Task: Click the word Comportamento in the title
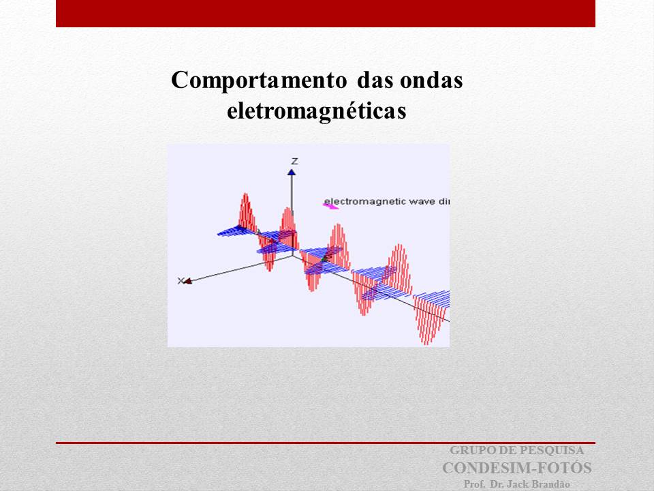[x=259, y=80]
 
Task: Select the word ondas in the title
[x=431, y=80]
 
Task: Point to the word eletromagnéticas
[x=317, y=111]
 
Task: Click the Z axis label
[x=294, y=161]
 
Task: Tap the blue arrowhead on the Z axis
[x=292, y=172]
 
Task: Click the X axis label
[x=180, y=281]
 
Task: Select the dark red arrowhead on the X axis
[x=188, y=281]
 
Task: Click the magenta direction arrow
[x=331, y=205]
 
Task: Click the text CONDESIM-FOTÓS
[x=517, y=468]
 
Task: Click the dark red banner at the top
[x=326, y=14]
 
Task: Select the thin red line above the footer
[x=326, y=443]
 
